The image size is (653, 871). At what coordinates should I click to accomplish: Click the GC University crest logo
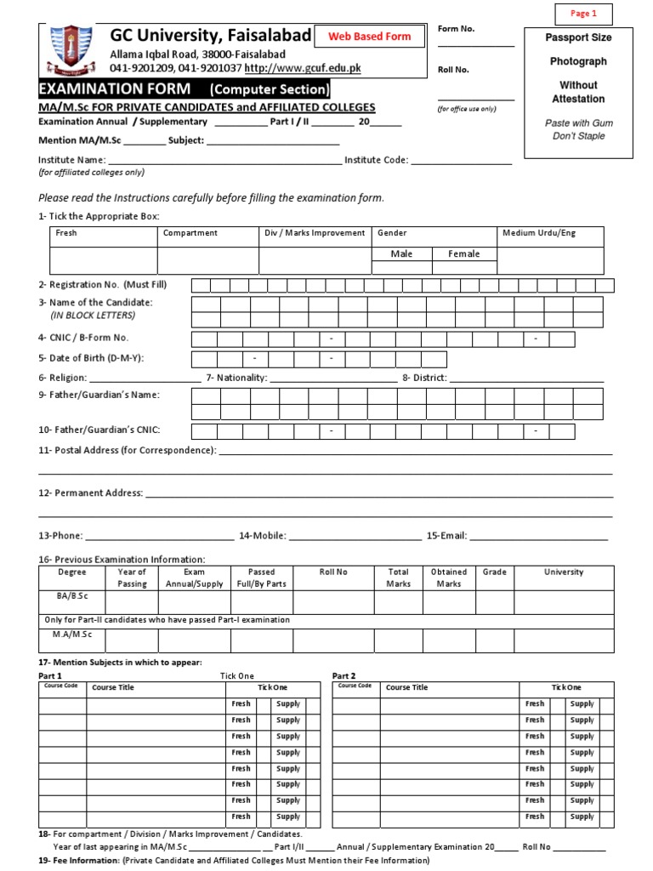click(69, 50)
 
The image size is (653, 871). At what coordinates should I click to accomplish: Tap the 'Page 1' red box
click(583, 14)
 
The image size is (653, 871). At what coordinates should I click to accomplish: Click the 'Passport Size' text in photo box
click(578, 38)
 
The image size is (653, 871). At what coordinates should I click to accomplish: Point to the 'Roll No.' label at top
click(453, 70)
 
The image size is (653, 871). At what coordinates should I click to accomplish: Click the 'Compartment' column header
click(190, 233)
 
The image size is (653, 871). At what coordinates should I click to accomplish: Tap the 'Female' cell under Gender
click(464, 254)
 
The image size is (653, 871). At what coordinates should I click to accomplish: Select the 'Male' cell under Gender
click(401, 254)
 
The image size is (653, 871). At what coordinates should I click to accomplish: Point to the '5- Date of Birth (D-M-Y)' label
click(91, 358)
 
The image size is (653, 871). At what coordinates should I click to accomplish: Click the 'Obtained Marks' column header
click(449, 578)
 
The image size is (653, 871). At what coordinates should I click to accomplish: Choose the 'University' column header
click(564, 573)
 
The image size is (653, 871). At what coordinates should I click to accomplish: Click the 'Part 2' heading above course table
click(344, 676)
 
